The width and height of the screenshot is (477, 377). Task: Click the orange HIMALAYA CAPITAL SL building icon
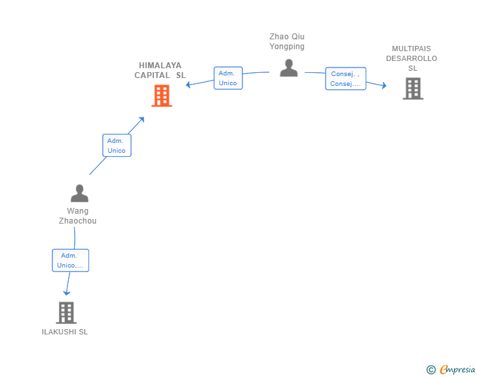[x=161, y=96]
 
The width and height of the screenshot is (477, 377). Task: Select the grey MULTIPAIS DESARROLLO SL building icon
[x=413, y=89]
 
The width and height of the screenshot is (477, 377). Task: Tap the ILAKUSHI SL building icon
[x=66, y=313]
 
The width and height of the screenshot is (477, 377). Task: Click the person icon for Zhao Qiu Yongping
[x=288, y=68]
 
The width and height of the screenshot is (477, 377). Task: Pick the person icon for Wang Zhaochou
[x=79, y=193]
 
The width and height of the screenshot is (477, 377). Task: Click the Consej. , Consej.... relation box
[x=345, y=79]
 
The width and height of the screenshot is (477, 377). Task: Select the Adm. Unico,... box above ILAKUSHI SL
[x=70, y=260]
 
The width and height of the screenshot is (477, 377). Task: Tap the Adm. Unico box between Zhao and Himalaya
[x=228, y=78]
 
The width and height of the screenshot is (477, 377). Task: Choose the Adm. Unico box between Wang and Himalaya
[x=117, y=146]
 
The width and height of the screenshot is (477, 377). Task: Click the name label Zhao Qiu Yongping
[x=287, y=41]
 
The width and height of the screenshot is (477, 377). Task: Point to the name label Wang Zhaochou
[x=77, y=216]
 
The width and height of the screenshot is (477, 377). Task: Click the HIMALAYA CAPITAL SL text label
[x=161, y=70]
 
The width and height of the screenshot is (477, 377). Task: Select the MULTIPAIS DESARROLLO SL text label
[x=411, y=58]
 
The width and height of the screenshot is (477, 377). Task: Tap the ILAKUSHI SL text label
[x=65, y=332]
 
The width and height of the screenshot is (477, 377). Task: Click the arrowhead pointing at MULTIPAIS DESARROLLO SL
[x=383, y=85]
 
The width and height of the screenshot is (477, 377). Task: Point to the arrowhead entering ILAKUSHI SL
[x=66, y=292]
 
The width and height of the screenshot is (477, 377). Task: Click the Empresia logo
[x=457, y=369]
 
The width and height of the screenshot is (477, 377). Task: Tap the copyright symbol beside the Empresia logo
[x=430, y=370]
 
